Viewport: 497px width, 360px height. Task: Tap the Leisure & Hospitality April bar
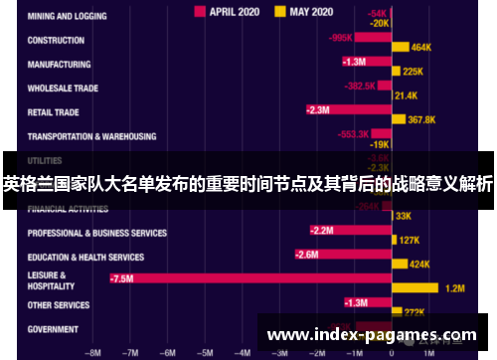pos(249,279)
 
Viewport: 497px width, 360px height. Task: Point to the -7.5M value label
pos(121,279)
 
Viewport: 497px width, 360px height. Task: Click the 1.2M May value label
pos(454,288)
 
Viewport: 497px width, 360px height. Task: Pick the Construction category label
pos(57,41)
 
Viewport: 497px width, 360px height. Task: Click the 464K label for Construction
pos(420,47)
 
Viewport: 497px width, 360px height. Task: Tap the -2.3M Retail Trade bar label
pos(318,109)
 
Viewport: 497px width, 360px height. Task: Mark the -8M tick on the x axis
pos(94,351)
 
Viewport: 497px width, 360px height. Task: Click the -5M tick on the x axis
pos(205,351)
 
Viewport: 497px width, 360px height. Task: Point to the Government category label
pos(54,329)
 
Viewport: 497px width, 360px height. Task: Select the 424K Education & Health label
pos(419,265)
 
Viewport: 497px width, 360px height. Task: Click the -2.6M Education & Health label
pos(307,255)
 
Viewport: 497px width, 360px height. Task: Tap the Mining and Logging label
pos(69,17)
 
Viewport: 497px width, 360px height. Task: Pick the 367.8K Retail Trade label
pos(422,119)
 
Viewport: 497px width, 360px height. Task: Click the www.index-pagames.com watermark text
pos(373,334)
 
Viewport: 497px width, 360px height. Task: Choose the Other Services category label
pos(60,304)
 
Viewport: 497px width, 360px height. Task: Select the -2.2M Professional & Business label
pos(322,231)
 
